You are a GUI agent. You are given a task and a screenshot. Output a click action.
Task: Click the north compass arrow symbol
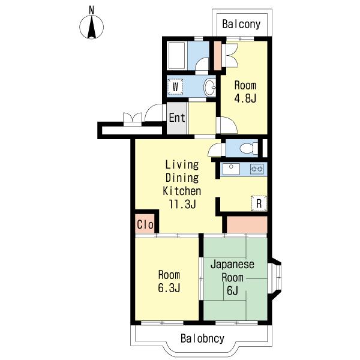(91, 27)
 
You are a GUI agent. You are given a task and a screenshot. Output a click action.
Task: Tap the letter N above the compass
(92, 10)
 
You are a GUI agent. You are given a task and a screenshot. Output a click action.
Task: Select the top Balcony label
(241, 24)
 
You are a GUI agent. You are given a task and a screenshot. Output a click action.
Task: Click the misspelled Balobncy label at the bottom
(202, 338)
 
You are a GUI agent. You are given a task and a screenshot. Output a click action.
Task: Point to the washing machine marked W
(175, 87)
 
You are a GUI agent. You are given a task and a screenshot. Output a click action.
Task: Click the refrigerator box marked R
(259, 203)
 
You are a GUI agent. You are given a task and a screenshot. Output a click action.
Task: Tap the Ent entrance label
(177, 118)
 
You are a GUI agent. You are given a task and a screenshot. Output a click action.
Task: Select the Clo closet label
(145, 224)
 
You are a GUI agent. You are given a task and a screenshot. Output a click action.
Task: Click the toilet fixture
(248, 148)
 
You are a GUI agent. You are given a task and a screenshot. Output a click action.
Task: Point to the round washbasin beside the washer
(210, 87)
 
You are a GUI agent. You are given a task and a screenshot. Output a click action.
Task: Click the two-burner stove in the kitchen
(257, 169)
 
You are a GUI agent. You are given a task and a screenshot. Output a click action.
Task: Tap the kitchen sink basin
(231, 169)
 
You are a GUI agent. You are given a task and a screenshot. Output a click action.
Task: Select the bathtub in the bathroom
(177, 55)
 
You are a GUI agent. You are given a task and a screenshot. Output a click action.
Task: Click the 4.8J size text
(245, 98)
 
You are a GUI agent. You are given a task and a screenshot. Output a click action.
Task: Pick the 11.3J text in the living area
(182, 204)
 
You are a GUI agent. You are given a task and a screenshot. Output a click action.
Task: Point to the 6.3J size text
(169, 288)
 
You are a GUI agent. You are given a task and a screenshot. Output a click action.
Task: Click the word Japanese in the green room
(232, 265)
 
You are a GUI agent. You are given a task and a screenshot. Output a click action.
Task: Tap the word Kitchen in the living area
(182, 191)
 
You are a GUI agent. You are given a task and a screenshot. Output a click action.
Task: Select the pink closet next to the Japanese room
(247, 224)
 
